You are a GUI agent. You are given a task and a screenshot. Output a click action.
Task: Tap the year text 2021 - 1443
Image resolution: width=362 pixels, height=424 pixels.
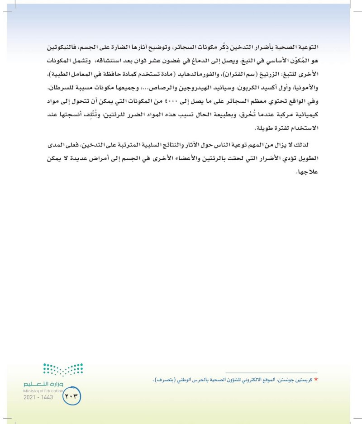pyautogui.click(x=38, y=397)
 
